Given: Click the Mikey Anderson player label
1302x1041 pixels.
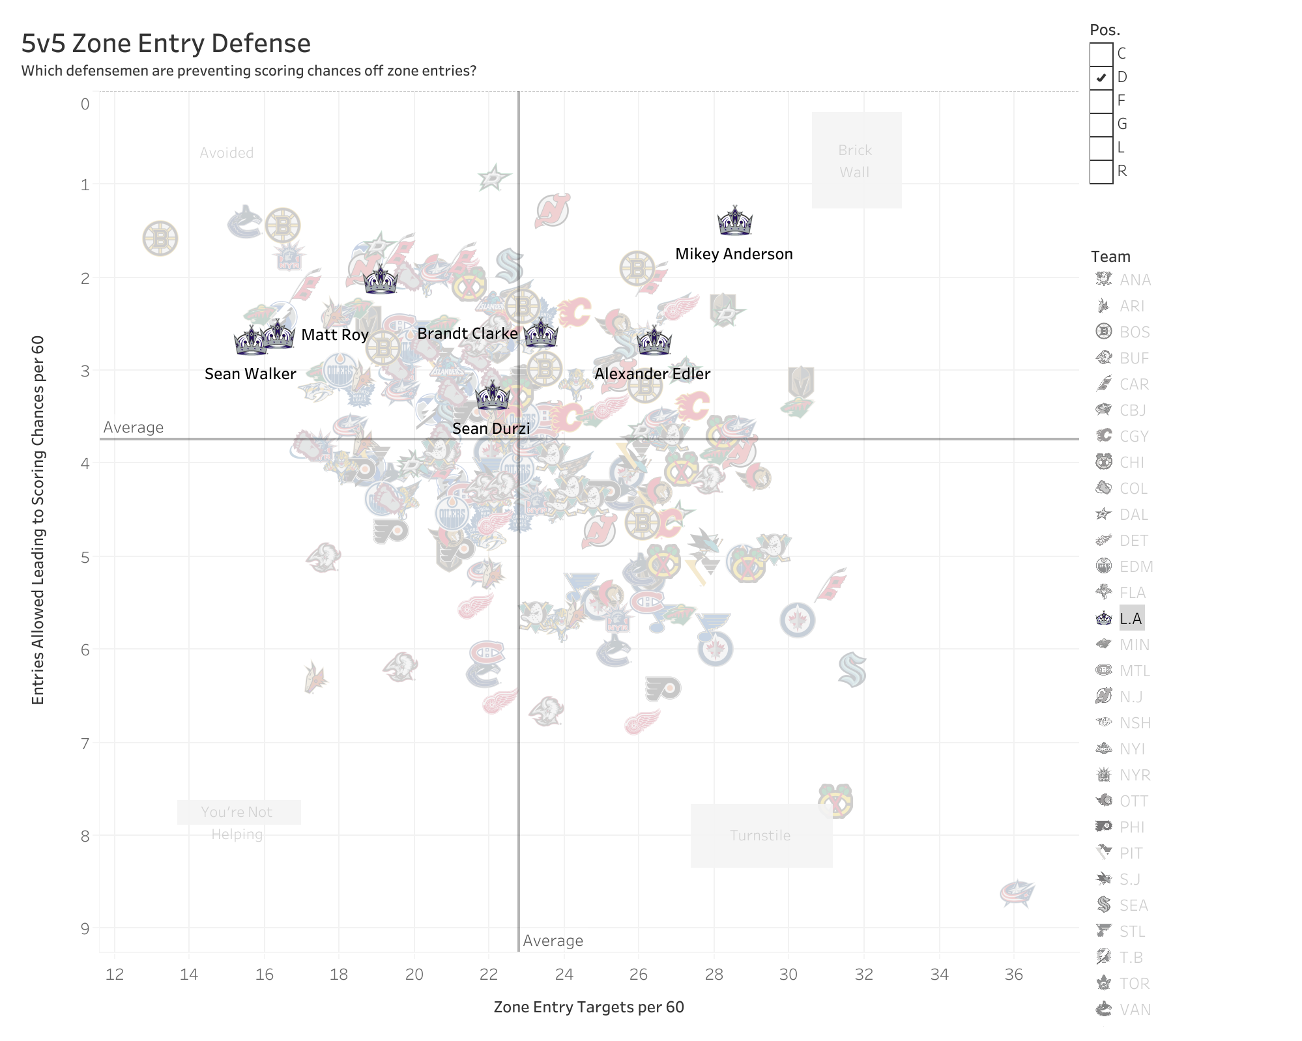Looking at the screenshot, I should coord(734,254).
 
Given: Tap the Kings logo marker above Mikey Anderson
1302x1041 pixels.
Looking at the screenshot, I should coord(734,221).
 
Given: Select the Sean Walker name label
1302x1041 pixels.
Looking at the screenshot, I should coord(250,374).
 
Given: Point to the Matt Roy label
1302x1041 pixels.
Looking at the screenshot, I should coord(335,335).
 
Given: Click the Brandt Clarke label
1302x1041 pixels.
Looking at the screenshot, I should coord(467,334).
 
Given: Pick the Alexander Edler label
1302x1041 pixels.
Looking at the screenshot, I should coord(652,374).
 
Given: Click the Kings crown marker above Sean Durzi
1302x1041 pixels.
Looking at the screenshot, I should coord(492,396).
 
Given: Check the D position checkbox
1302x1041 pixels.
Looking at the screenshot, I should coord(1101,78).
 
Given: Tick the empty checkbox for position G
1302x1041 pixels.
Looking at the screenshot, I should coord(1101,124).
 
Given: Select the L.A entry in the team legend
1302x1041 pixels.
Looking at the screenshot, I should coord(1131,618).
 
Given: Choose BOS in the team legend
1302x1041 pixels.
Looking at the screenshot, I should coord(1134,332).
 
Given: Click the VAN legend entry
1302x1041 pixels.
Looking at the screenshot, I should coord(1135,1009).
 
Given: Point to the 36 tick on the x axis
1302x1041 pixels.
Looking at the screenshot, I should coord(1013,975).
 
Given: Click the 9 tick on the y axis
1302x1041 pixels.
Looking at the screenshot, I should coord(85,928).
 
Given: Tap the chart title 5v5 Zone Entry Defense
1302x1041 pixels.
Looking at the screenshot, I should coord(166,44).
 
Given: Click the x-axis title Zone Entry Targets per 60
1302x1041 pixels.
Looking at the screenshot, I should coord(588,1007).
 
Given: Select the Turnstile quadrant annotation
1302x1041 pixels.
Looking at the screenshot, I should coord(760,836).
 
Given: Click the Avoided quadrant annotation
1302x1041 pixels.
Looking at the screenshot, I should coord(226,153).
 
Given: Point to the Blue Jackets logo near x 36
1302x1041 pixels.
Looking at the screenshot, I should coord(1017,893).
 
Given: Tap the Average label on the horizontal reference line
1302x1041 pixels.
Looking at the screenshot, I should coord(134,427).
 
